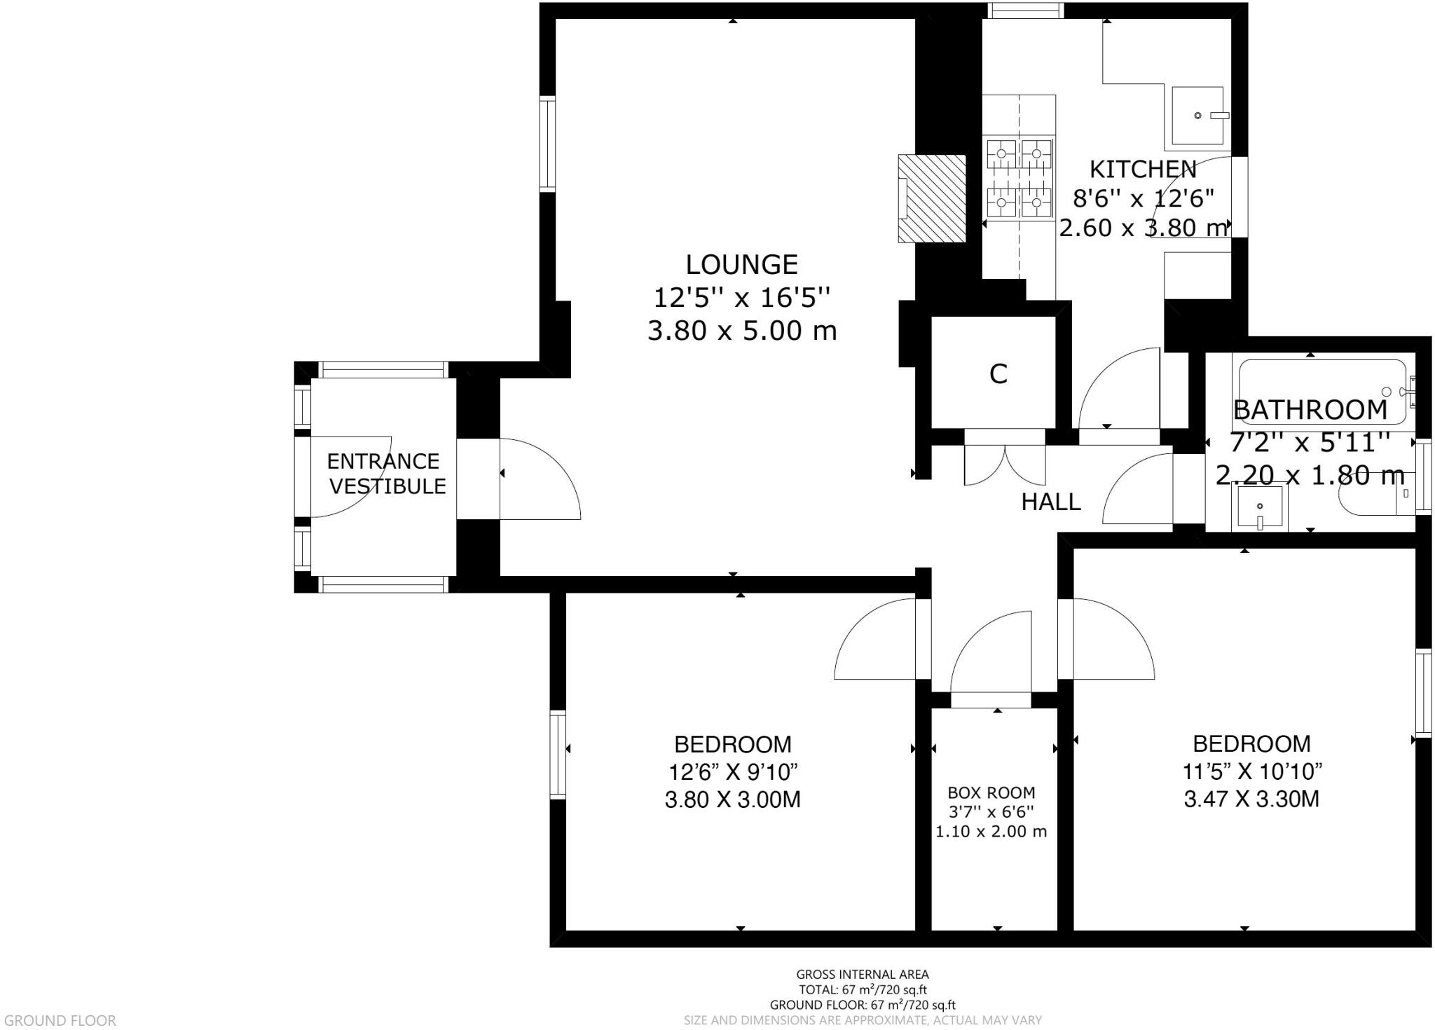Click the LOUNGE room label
(x=741, y=265)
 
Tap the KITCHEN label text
(x=1143, y=170)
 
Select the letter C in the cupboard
(x=998, y=375)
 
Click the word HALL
(x=1050, y=502)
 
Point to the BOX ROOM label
(x=991, y=793)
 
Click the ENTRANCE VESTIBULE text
(x=385, y=474)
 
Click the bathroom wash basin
(x=1260, y=507)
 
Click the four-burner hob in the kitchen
(x=1019, y=178)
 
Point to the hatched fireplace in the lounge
(x=932, y=199)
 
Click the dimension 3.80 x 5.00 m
(x=741, y=331)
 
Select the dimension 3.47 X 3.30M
(x=1251, y=799)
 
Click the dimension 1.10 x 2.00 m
(x=991, y=832)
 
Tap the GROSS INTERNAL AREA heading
(x=862, y=974)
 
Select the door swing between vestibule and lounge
(x=540, y=480)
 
